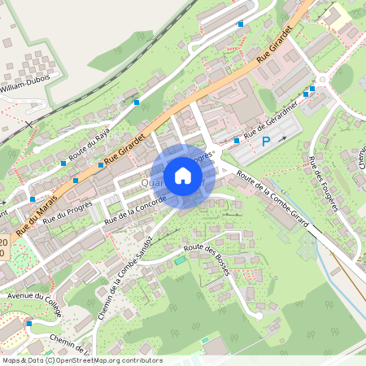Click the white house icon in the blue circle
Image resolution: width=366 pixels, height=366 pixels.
pyautogui.click(x=183, y=176)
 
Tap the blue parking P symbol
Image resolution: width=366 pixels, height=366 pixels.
pyautogui.click(x=265, y=142)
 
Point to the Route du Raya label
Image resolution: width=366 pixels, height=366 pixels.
pyautogui.click(x=89, y=139)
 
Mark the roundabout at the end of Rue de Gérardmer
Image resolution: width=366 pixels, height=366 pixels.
pyautogui.click(x=322, y=80)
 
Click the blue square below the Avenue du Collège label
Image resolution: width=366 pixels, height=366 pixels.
pyautogui.click(x=28, y=324)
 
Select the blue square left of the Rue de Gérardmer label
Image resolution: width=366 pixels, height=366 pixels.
pyautogui.click(x=236, y=141)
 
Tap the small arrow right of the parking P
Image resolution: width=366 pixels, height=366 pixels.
pyautogui.click(x=283, y=139)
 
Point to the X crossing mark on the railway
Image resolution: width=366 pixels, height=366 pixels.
pyautogui.click(x=29, y=125)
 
